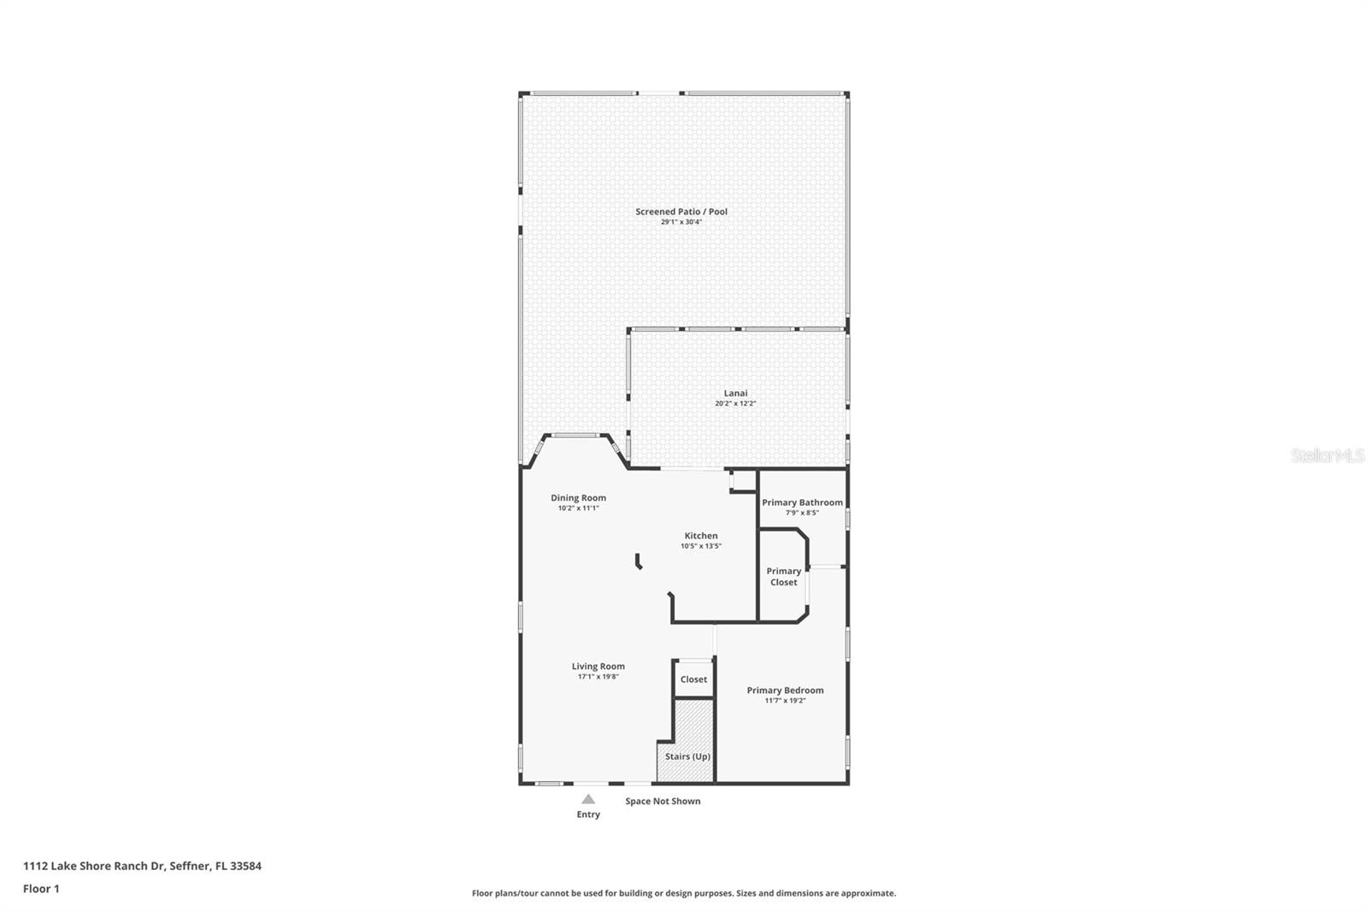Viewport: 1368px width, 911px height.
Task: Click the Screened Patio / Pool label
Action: pyautogui.click(x=681, y=211)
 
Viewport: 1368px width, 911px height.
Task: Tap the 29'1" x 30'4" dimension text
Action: pyautogui.click(x=681, y=222)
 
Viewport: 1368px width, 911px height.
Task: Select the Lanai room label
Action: pyautogui.click(x=735, y=393)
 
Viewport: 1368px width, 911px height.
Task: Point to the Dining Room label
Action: pyautogui.click(x=578, y=497)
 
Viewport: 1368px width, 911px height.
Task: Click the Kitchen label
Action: pyautogui.click(x=700, y=536)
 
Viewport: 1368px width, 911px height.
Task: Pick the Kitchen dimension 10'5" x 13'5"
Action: pyautogui.click(x=700, y=546)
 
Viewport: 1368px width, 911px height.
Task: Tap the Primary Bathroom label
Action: pyautogui.click(x=802, y=503)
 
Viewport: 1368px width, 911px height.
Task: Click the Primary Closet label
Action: pyautogui.click(x=783, y=577)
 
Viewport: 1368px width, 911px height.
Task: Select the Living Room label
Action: pyautogui.click(x=598, y=666)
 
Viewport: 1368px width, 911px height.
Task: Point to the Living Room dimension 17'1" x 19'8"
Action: pyautogui.click(x=598, y=677)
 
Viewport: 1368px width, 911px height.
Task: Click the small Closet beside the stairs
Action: pyautogui.click(x=693, y=679)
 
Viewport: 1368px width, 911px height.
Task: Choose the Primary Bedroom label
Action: pyautogui.click(x=785, y=690)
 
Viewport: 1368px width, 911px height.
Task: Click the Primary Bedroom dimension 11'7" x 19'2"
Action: pyautogui.click(x=785, y=701)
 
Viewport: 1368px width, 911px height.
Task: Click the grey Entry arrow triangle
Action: pyautogui.click(x=588, y=800)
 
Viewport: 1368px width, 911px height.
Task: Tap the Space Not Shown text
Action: pyautogui.click(x=663, y=801)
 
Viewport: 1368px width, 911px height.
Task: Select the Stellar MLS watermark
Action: pyautogui.click(x=1327, y=456)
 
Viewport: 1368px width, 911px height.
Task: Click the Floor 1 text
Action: pyautogui.click(x=41, y=889)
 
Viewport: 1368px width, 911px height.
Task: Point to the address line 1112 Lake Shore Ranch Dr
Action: pyautogui.click(x=142, y=866)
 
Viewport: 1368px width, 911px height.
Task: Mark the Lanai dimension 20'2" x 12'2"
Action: pyautogui.click(x=735, y=403)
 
